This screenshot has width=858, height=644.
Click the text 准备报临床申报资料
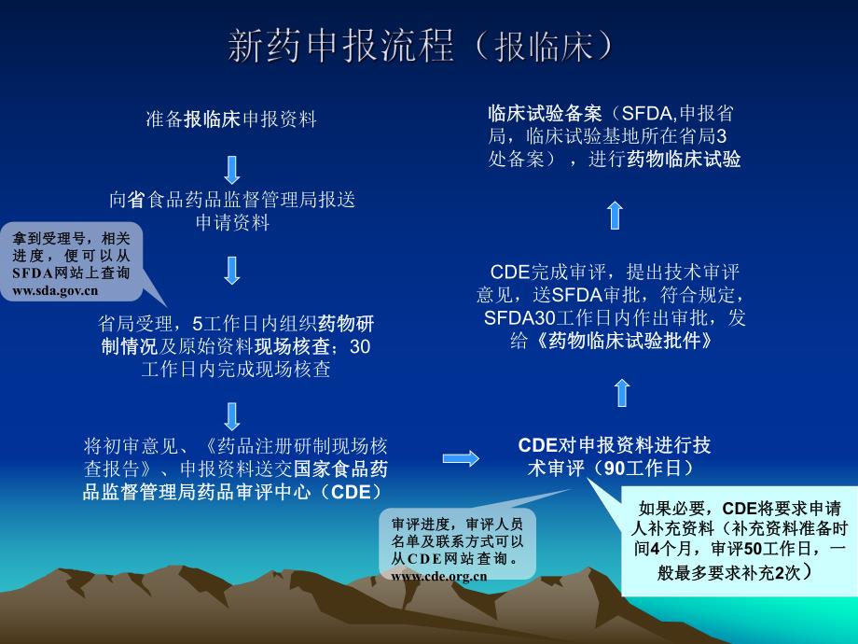231,119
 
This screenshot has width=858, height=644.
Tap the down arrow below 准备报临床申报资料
232,169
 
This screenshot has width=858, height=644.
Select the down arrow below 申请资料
232,270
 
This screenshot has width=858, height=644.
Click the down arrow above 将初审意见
232,415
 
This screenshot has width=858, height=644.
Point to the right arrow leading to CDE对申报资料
461,458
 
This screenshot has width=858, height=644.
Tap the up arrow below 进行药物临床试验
615,215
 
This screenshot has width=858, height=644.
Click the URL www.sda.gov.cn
56,290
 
